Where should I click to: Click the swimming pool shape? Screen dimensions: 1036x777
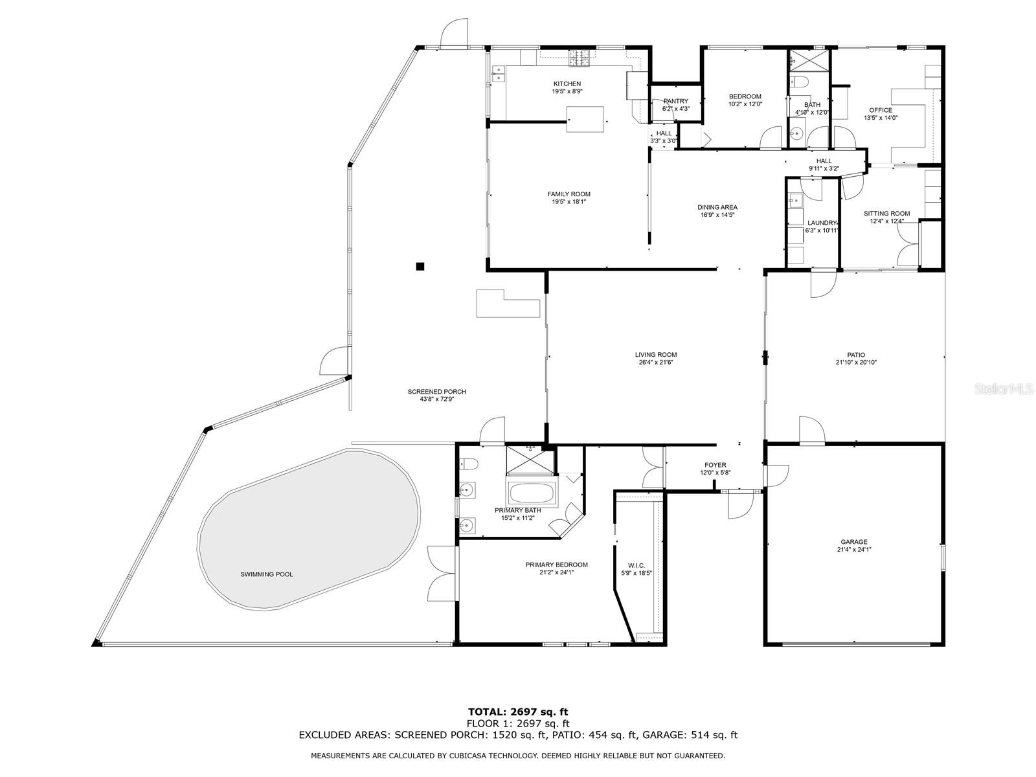[308, 530]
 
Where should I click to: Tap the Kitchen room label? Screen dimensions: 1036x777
[567, 84]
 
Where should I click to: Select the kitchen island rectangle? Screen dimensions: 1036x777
[585, 119]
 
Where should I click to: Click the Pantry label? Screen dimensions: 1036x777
[676, 101]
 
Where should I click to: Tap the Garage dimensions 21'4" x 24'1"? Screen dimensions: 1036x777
[853, 550]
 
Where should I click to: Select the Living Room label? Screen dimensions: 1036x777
[655, 355]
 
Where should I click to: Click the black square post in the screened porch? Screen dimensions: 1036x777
[420, 267]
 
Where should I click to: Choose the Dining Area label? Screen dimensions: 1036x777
[717, 207]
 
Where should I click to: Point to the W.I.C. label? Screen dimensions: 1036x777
[636, 566]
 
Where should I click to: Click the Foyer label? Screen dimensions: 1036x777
[715, 465]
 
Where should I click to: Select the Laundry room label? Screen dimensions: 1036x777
[822, 223]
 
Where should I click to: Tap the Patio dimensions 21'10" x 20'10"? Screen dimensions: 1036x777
[856, 363]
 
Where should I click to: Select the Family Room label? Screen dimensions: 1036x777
[569, 194]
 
